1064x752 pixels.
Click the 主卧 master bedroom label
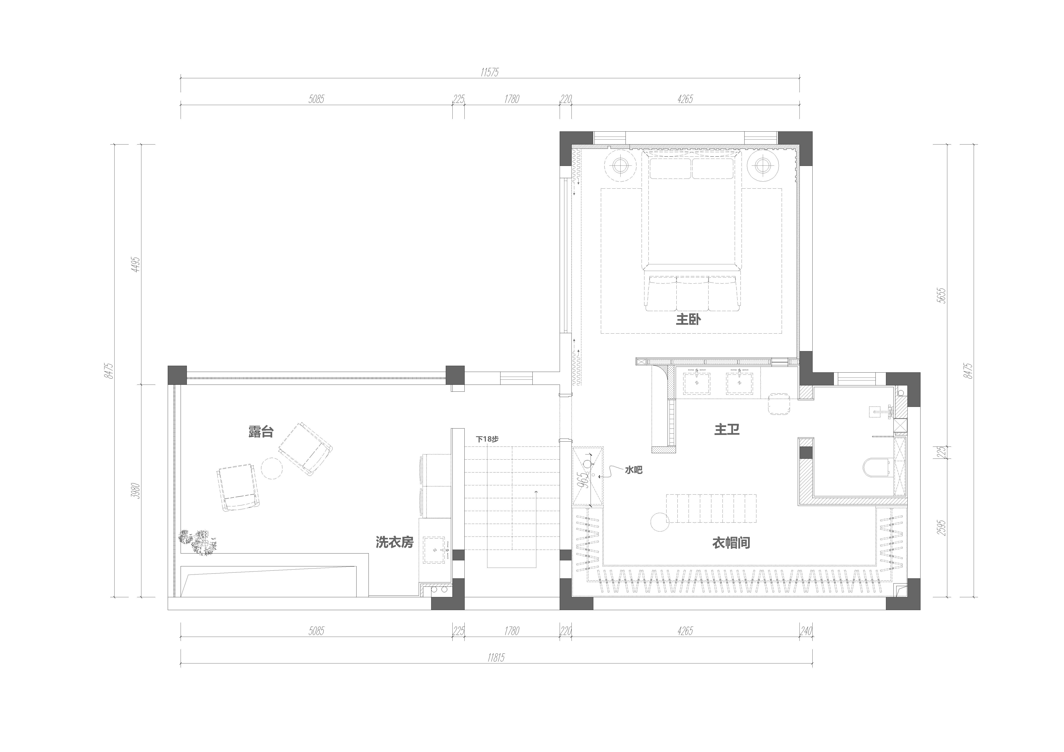(x=688, y=319)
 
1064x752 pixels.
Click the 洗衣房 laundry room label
(x=394, y=542)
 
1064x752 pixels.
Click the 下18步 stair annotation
(x=487, y=439)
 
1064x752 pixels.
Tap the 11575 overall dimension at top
(x=489, y=72)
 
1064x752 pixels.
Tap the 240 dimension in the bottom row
(x=806, y=631)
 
